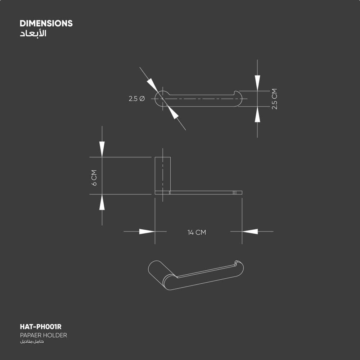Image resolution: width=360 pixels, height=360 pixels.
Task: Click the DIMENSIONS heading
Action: (46, 23)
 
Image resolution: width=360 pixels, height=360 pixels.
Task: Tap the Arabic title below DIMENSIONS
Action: (33, 34)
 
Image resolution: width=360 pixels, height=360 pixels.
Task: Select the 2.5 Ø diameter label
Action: (136, 99)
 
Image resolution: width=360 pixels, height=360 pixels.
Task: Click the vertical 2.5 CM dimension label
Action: (274, 99)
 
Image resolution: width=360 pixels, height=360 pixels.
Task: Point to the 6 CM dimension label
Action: (94, 178)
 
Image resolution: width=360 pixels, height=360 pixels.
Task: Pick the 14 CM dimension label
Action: (197, 233)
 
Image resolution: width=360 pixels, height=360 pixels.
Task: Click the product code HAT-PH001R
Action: (41, 327)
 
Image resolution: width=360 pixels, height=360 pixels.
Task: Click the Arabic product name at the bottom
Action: (32, 341)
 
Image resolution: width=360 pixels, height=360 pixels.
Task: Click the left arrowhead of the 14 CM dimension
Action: (147, 231)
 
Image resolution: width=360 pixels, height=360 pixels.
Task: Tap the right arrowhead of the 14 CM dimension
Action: (250, 231)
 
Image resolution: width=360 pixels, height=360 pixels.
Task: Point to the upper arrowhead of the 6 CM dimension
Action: (102, 149)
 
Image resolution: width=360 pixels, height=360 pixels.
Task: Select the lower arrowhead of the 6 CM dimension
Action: (102, 202)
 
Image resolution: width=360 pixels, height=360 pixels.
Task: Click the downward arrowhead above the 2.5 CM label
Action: (257, 82)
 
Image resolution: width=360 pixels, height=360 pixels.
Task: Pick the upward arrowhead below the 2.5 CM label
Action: (257, 115)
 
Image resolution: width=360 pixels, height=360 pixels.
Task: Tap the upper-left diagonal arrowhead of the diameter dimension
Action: (153, 85)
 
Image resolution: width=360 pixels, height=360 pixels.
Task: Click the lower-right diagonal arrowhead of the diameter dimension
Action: (174, 113)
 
